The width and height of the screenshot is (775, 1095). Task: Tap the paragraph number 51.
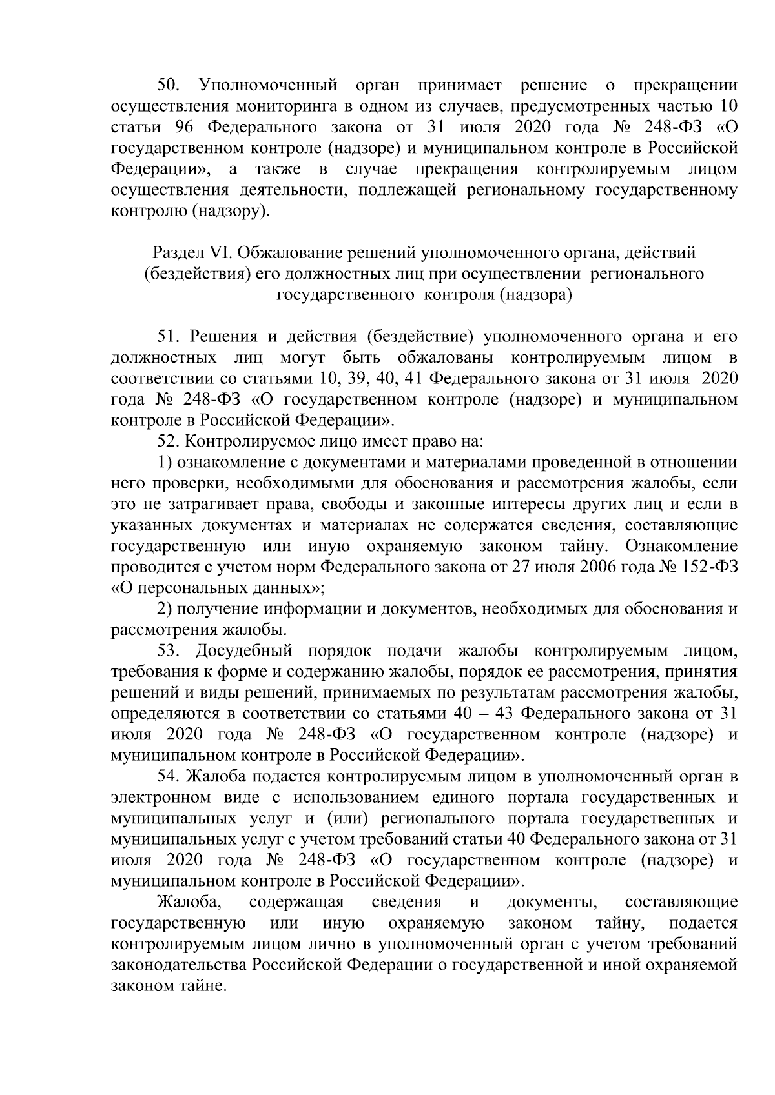tap(171, 336)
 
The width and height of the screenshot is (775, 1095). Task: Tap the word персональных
tap(185, 588)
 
